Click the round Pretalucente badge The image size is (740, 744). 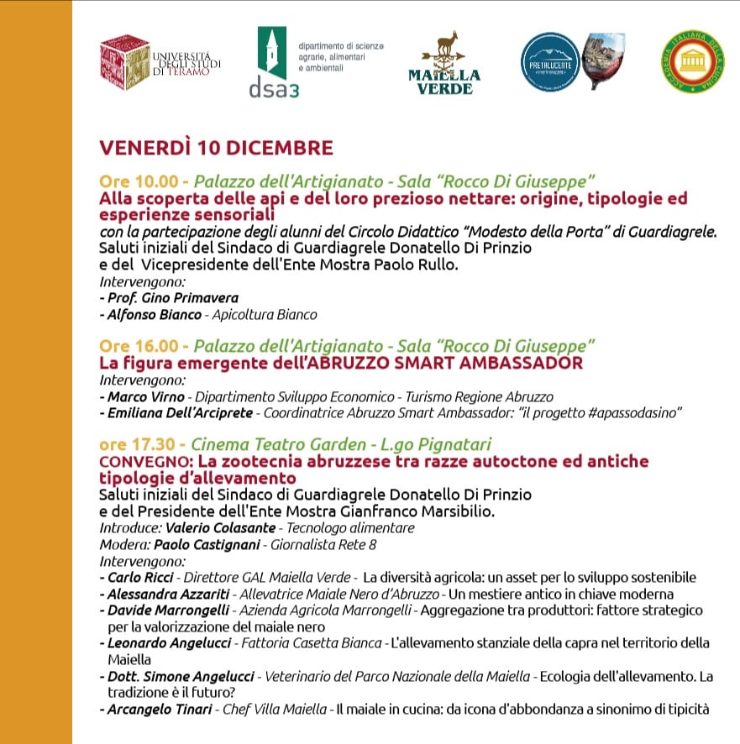click(x=550, y=60)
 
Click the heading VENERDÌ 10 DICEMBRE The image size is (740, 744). click(x=216, y=148)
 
